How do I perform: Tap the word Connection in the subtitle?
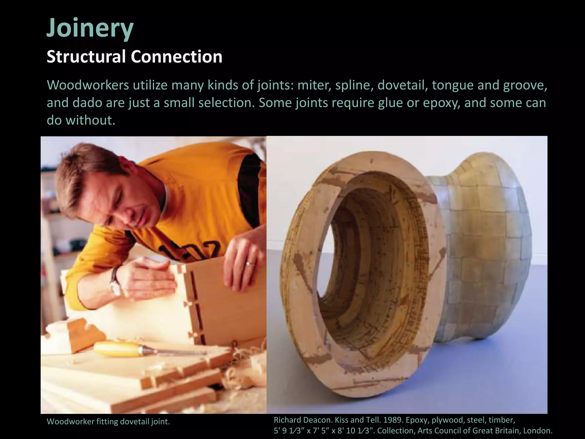(177, 57)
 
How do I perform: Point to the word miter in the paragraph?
(314, 85)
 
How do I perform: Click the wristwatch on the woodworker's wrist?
(115, 282)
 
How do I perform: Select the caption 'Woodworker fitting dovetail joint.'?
(108, 422)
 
